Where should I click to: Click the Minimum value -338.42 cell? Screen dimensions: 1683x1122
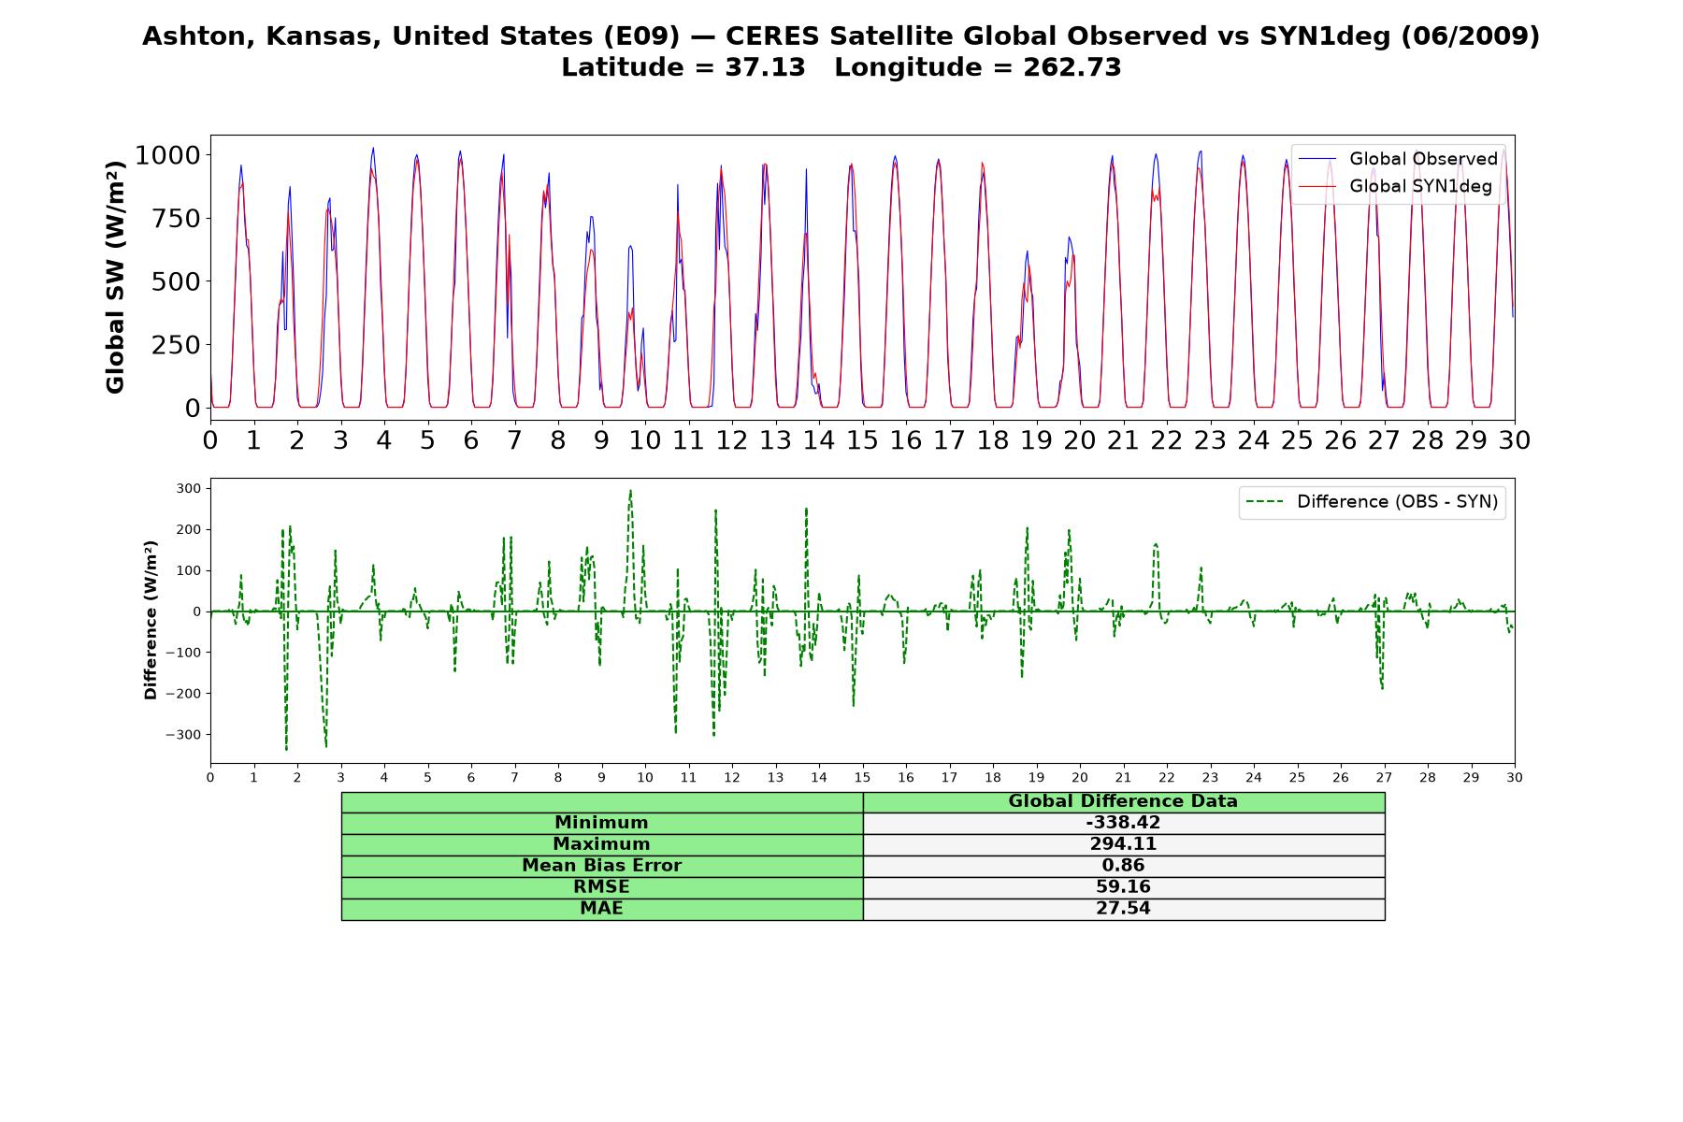[x=1123, y=823]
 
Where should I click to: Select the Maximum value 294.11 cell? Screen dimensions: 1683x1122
[x=1123, y=844]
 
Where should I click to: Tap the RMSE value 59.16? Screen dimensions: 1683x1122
[x=1123, y=886]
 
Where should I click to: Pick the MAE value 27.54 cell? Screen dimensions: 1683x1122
[x=1123, y=908]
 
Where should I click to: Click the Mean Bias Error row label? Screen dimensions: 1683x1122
[x=601, y=866]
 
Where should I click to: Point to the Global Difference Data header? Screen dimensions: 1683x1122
[x=1123, y=801]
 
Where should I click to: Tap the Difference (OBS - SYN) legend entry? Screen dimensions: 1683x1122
[x=1373, y=502]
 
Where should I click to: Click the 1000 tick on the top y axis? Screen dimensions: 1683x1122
[x=167, y=155]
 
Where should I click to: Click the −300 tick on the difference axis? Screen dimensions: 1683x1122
[x=183, y=735]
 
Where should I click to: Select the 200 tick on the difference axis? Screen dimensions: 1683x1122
[x=189, y=529]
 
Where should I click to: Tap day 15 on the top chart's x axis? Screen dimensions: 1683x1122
[x=862, y=439]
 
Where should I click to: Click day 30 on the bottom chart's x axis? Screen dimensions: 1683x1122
[x=1515, y=778]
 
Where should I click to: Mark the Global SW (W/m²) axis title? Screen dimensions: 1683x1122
[x=115, y=277]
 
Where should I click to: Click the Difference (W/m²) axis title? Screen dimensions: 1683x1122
[x=151, y=620]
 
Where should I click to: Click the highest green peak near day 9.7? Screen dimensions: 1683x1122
[x=630, y=491]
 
